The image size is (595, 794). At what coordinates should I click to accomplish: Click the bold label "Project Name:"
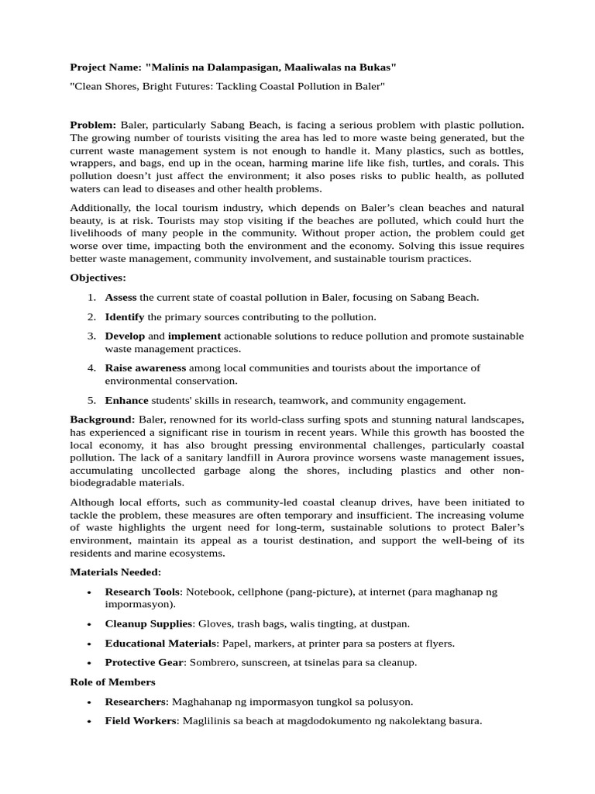pos(105,67)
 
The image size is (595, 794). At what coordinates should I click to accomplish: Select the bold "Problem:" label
pos(93,125)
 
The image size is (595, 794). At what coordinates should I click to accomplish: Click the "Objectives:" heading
pos(98,278)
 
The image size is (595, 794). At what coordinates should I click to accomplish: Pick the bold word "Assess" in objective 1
pos(121,297)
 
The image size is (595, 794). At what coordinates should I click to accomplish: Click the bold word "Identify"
pos(125,316)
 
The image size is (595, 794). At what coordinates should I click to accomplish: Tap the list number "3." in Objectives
pos(91,336)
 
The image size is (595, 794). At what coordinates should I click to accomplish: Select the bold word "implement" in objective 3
pos(194,336)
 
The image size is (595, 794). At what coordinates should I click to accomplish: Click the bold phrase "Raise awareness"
pos(146,368)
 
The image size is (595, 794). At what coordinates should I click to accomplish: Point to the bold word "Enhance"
pos(126,400)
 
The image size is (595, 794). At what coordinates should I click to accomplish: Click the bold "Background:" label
pos(102,419)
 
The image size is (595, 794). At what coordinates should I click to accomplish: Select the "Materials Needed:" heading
pos(115,572)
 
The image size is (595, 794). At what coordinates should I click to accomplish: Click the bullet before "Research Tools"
pos(91,592)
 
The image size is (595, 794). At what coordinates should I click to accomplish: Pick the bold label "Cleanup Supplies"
pos(149,623)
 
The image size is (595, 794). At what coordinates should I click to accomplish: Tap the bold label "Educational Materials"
pos(160,643)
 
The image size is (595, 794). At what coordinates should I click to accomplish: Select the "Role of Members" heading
pos(112,682)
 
